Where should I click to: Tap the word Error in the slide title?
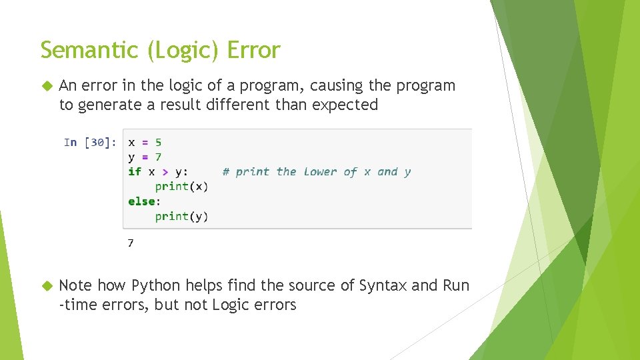point(253,50)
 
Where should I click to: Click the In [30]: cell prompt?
point(90,142)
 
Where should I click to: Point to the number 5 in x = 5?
point(158,142)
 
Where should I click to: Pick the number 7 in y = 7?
point(158,157)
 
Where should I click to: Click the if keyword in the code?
point(135,172)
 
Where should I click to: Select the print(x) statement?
point(181,187)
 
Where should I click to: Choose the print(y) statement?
point(181,216)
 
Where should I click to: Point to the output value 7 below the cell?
point(131,243)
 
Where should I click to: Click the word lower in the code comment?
point(320,172)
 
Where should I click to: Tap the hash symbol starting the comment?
point(226,172)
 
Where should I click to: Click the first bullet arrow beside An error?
point(46,86)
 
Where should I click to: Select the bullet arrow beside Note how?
point(46,286)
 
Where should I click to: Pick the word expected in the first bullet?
point(345,105)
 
